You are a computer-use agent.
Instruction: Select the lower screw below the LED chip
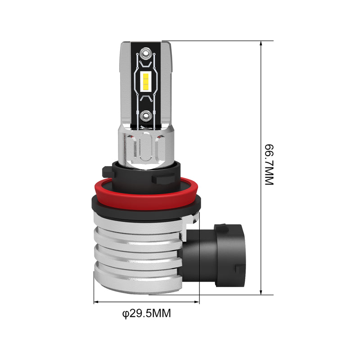click(146, 116)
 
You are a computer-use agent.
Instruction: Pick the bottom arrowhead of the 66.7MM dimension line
click(261, 292)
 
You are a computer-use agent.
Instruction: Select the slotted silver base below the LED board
click(144, 146)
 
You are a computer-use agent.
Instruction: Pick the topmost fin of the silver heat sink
click(139, 225)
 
